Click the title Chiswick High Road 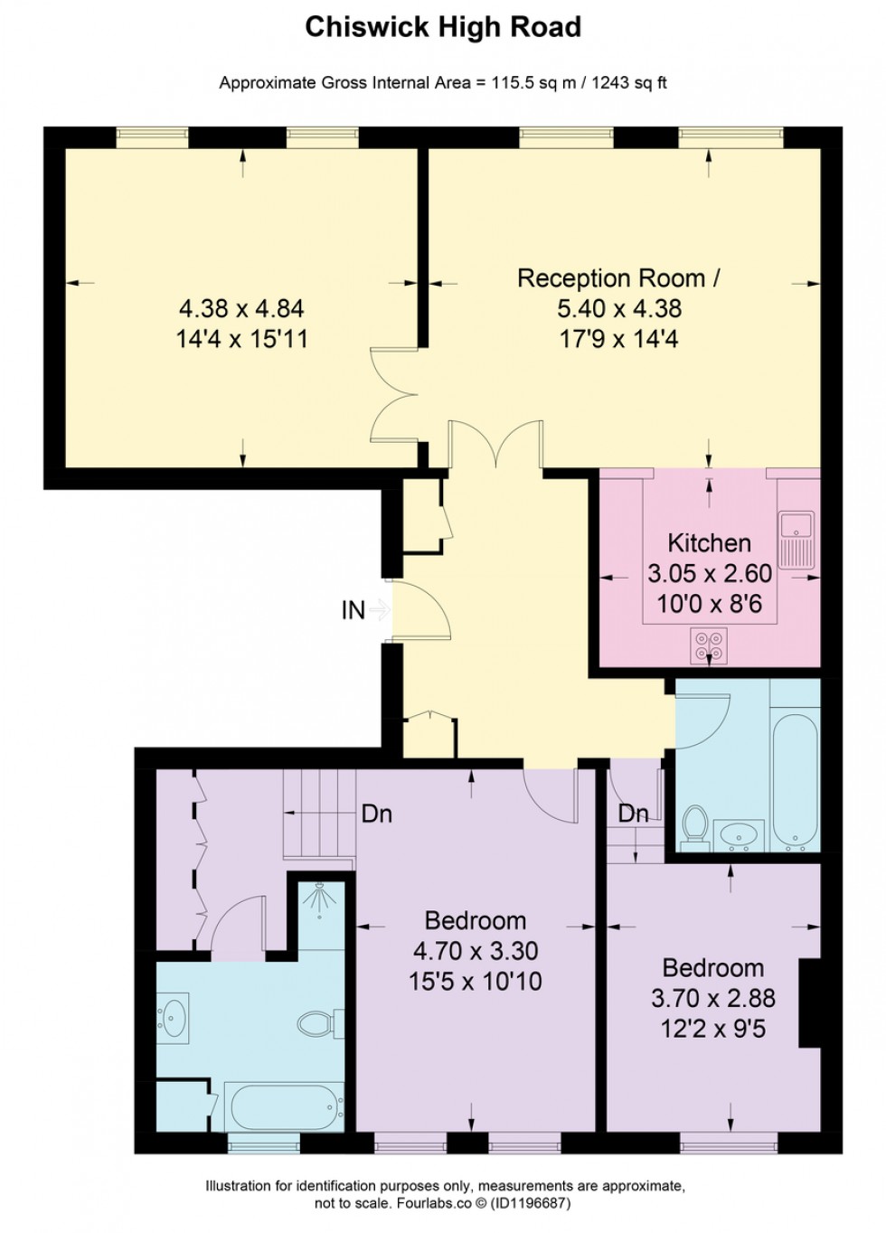pyautogui.click(x=442, y=27)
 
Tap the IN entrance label pyautogui.click(x=353, y=611)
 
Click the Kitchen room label pyautogui.click(x=709, y=543)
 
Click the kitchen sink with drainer pyautogui.click(x=796, y=538)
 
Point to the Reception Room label pyautogui.click(x=617, y=278)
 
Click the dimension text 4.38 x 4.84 pyautogui.click(x=241, y=308)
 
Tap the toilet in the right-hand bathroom pyautogui.click(x=695, y=827)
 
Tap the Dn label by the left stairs pyautogui.click(x=376, y=814)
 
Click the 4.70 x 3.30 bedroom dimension pyautogui.click(x=476, y=951)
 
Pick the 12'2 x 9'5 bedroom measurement pyautogui.click(x=713, y=1029)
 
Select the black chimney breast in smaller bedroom pyautogui.click(x=809, y=1002)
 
